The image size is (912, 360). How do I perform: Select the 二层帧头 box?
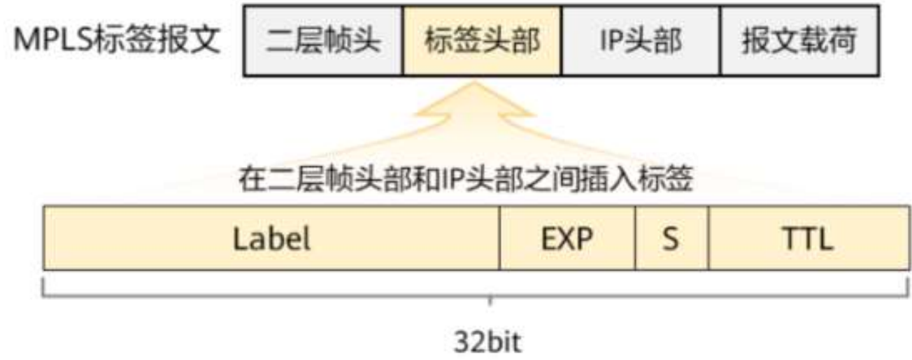pos(323,42)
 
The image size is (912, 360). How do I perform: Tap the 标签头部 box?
pos(482,42)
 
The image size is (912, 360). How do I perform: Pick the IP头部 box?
pos(641,42)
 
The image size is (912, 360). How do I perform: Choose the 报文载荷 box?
pos(799,42)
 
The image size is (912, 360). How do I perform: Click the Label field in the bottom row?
pos(272,238)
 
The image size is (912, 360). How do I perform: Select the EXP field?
pos(567,238)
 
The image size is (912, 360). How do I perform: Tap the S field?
pos(671,238)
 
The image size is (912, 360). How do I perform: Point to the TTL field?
pos(808,238)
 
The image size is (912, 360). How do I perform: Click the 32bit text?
pos(489,343)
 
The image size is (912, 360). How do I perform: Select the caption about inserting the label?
pos(465,180)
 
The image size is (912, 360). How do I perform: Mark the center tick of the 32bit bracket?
pos(490,301)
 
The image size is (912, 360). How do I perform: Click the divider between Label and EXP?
pos(499,238)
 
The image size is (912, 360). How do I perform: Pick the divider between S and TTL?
pos(708,238)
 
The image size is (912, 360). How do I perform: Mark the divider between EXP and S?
pos(636,238)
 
